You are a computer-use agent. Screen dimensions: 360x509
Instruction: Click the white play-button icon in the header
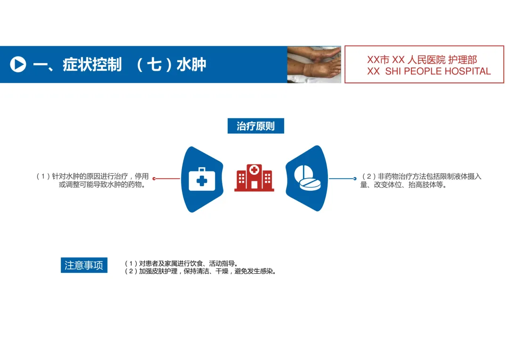[18, 64]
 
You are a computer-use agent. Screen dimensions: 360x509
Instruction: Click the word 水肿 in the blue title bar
[191, 65]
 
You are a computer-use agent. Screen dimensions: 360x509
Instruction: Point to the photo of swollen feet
[314, 65]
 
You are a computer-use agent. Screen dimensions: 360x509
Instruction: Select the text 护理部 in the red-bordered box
[462, 60]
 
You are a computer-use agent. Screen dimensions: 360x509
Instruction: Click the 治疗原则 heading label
[255, 126]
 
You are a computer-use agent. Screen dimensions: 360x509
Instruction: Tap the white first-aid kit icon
[202, 180]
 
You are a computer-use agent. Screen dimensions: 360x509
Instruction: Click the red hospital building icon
[254, 178]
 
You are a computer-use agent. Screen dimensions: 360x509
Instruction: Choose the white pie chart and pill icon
[308, 180]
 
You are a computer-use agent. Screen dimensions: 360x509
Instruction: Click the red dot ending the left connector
[154, 179]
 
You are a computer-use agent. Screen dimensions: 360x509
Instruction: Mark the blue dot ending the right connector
[355, 179]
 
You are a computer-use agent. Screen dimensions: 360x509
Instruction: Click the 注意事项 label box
[84, 265]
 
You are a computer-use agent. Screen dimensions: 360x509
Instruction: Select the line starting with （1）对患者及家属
[181, 264]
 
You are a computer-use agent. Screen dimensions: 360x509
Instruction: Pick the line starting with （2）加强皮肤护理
[200, 271]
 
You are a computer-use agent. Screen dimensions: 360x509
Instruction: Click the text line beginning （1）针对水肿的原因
[93, 176]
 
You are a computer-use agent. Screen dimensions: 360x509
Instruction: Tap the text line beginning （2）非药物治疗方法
[421, 176]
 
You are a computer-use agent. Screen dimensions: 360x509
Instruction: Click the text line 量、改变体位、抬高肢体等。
[403, 185]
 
